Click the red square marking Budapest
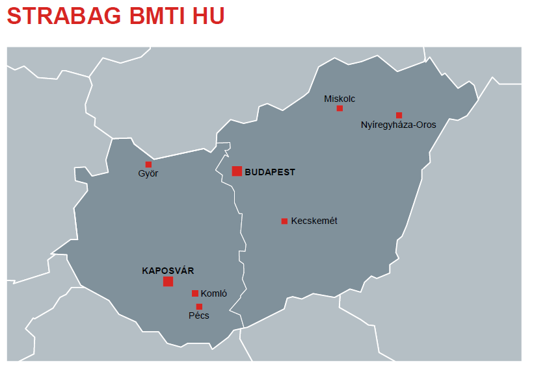pos(237,171)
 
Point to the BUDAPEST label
pos(270,173)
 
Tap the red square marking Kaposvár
pos(168,281)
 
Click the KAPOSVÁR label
pos(168,271)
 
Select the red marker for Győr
pos(148,164)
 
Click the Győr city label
pos(148,174)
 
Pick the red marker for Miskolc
pos(340,108)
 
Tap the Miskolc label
pos(340,99)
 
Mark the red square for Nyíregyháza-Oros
pos(399,115)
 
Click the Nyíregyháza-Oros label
pos(398,125)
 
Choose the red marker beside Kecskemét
pos(284,221)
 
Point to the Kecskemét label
pos(314,221)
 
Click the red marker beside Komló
pos(195,293)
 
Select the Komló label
pos(214,294)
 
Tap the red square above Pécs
pos(199,306)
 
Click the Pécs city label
pos(199,316)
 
